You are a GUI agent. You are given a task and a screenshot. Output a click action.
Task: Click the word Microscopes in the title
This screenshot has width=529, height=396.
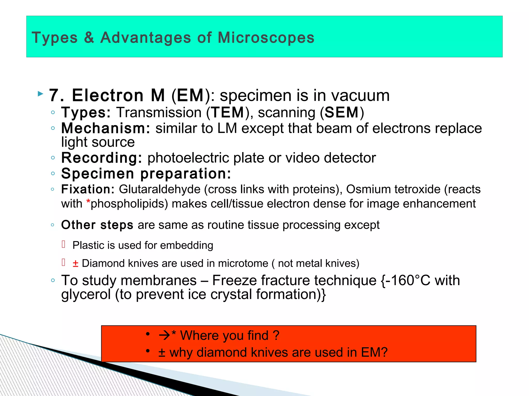pos(266,38)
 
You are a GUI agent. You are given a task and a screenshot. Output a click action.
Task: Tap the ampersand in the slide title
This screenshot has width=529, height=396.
pos(89,38)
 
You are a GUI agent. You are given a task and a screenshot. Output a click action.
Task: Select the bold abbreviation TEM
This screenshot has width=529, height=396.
pos(228,113)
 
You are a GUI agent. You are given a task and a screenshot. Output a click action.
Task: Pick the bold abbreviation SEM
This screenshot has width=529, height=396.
pos(341,113)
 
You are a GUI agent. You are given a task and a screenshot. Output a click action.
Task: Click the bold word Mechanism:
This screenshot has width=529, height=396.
pos(105,128)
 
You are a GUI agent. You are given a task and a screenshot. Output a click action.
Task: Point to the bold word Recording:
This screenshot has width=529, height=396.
pos(102,158)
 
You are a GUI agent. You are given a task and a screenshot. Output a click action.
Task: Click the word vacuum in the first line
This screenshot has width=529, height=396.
pos(360,96)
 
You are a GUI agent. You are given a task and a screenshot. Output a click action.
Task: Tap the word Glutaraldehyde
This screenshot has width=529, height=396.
pos(160,189)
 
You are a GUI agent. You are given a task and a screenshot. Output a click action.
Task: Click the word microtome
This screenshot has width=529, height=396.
pos(243,263)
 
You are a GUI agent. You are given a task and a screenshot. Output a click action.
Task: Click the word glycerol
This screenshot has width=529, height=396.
pos(86,294)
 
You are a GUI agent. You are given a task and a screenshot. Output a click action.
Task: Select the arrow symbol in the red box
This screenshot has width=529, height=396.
pos(165,335)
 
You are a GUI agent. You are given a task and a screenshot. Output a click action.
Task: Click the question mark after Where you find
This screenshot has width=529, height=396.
pos(276,335)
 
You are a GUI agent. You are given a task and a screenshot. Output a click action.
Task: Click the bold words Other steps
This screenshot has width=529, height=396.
pos(97,225)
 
